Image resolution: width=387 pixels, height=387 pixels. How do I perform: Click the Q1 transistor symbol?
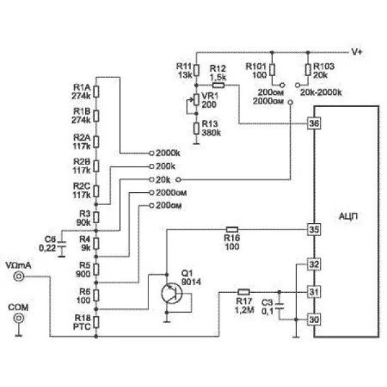172,293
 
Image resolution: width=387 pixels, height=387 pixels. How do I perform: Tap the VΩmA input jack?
19,277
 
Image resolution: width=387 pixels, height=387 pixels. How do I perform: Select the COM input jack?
19,318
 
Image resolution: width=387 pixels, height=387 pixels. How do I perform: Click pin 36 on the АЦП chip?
314,123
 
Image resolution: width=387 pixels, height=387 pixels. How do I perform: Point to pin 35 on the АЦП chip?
314,230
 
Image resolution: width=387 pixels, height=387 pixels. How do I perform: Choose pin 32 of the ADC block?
314,264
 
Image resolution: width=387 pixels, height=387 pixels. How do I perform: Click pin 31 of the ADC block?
314,292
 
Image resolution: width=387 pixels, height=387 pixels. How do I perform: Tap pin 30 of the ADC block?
314,320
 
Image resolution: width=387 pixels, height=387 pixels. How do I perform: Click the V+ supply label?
357,52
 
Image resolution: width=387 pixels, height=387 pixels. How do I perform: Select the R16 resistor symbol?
232,230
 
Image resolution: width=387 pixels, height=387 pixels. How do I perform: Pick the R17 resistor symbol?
244,292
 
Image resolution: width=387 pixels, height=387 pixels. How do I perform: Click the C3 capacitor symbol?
279,306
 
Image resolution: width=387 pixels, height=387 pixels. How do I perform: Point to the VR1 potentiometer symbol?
195,100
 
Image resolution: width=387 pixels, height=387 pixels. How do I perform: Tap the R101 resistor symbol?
272,70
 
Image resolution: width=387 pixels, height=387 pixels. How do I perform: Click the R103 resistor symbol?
308,70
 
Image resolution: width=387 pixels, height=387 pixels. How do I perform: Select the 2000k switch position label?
168,153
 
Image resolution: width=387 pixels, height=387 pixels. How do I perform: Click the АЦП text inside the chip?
348,217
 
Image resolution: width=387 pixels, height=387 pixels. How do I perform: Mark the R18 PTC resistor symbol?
96,322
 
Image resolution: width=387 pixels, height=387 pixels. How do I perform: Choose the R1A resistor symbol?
96,92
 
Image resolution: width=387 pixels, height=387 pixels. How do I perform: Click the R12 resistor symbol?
219,85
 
